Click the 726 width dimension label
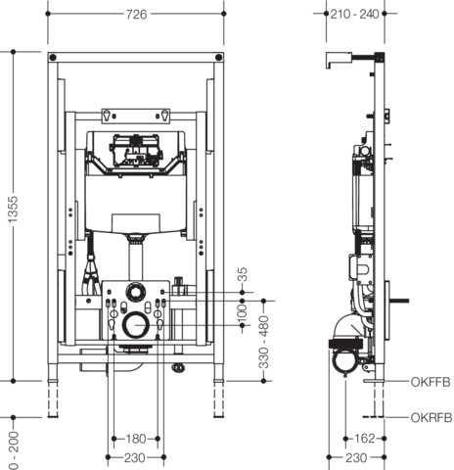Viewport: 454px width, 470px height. point(137,15)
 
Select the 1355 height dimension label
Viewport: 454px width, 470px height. point(13,210)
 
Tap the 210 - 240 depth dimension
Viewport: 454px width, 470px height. point(355,14)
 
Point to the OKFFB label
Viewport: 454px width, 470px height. point(431,382)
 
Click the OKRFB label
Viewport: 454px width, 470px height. point(431,418)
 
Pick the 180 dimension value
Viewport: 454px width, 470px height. point(136,439)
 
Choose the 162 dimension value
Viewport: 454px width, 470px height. point(365,439)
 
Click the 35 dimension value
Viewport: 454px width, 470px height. point(243,274)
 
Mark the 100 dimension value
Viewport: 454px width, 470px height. point(243,312)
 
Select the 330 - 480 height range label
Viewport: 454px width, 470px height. point(264,342)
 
